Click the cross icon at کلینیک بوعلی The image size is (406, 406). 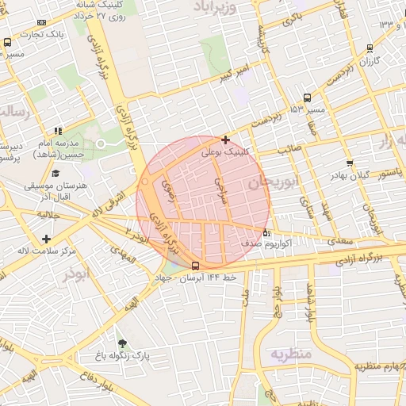[x=226, y=139]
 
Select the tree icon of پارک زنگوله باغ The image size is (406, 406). [x=121, y=343]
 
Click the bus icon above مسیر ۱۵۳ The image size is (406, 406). [x=307, y=98]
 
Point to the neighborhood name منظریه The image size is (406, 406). [x=292, y=353]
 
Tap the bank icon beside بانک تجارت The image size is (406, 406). [x=41, y=22]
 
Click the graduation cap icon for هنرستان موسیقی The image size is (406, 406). [x=56, y=174]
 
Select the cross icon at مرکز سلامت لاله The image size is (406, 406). [x=47, y=239]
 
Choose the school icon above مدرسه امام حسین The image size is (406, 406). [x=58, y=131]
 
